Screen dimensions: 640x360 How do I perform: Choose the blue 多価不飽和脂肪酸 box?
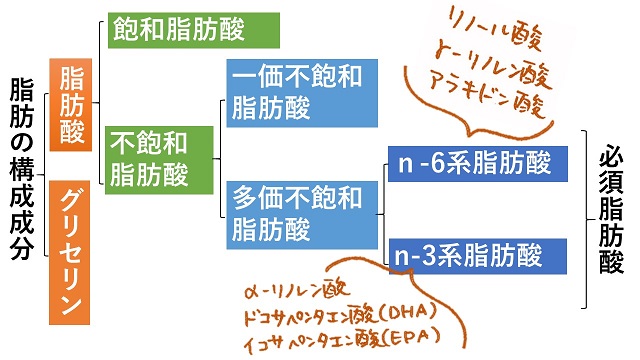[295, 213]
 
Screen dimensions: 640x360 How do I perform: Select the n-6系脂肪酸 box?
[476, 163]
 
